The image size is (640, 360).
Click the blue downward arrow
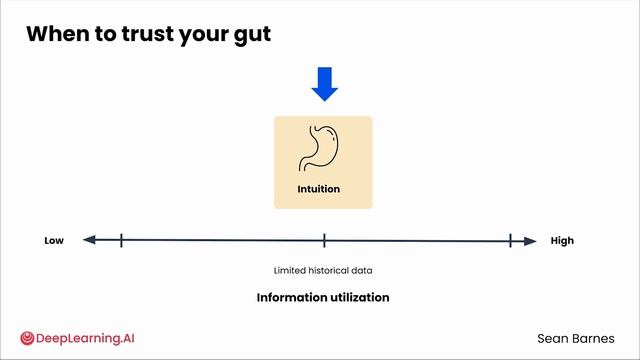pos(324,84)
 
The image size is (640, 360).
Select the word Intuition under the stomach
pos(318,189)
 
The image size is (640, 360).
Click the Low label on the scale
pos(54,241)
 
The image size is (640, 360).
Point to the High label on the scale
pos(562,241)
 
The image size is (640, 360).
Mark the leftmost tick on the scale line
pos(121,240)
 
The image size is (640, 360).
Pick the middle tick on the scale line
pos(324,240)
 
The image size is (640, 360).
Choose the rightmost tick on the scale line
pos(510,240)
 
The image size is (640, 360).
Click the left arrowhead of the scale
pos(89,240)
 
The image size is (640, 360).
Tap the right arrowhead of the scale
pos(530,241)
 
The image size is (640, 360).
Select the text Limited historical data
pos(323,270)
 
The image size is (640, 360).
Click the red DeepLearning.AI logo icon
pos(27,338)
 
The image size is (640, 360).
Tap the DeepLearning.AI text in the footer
pos(85,338)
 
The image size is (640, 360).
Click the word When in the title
pos(58,33)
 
